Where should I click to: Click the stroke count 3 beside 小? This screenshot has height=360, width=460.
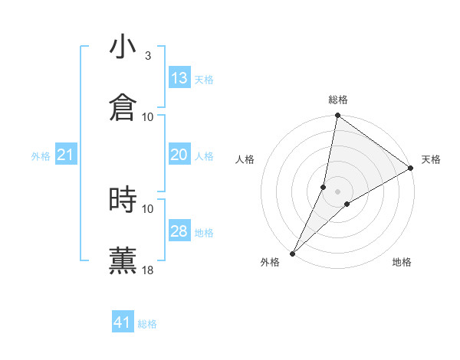pyautogui.click(x=147, y=55)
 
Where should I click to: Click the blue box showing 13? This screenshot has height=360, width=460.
pyautogui.click(x=179, y=78)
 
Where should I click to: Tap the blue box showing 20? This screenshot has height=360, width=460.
pyautogui.click(x=179, y=155)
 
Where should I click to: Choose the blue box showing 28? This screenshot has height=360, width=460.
pyautogui.click(x=179, y=231)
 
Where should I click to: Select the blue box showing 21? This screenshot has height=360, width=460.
pyautogui.click(x=65, y=155)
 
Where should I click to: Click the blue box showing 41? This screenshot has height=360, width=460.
pyautogui.click(x=123, y=322)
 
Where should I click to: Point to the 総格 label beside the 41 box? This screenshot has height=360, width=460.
pyautogui.click(x=148, y=325)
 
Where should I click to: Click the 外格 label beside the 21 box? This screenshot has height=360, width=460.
pyautogui.click(x=41, y=156)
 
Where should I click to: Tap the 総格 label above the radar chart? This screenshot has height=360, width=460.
pyautogui.click(x=338, y=100)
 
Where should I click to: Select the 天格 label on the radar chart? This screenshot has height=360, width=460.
pyautogui.click(x=431, y=159)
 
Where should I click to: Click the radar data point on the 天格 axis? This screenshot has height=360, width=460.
pyautogui.click(x=411, y=169)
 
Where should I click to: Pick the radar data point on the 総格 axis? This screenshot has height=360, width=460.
pyautogui.click(x=337, y=116)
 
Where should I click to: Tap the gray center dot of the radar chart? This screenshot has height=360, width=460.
pyautogui.click(x=337, y=191)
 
